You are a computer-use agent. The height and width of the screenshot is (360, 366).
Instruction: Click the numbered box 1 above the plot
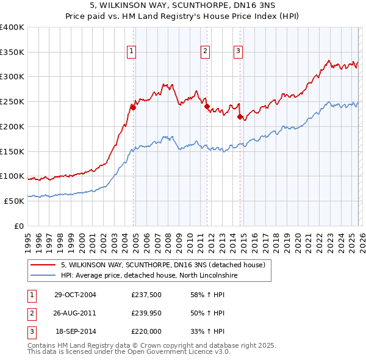[132, 51]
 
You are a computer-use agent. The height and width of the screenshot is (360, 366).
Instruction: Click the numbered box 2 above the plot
[206, 51]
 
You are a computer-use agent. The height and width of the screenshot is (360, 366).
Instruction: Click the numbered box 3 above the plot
[239, 51]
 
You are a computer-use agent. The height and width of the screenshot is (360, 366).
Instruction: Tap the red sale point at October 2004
[133, 107]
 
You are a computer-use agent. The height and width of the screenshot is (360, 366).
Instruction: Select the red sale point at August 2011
[207, 106]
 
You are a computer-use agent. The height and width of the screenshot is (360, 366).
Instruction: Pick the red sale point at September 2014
[240, 116]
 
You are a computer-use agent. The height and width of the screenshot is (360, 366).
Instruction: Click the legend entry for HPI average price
[149, 276]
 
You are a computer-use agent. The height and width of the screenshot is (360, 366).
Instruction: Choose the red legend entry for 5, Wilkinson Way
[162, 265]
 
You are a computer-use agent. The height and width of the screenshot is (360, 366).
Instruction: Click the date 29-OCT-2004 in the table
[75, 295]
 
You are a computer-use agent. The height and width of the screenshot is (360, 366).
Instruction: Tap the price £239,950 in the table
[146, 313]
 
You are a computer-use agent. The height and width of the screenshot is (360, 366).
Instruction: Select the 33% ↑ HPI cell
[207, 331]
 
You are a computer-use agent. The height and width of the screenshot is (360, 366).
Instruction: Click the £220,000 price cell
[146, 331]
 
